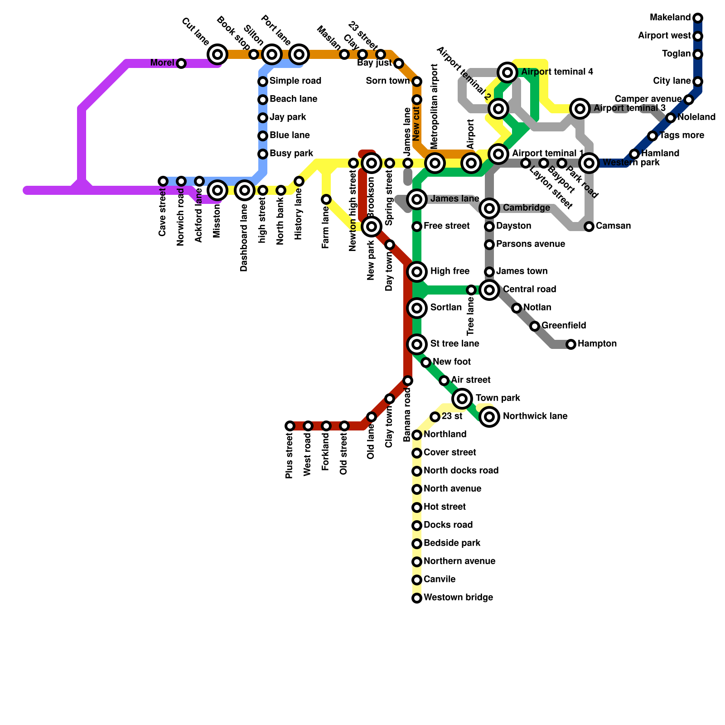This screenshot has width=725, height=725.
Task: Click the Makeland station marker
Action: point(698,18)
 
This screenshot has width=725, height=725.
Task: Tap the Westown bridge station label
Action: point(458,598)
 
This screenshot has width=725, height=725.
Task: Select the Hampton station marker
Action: point(571,344)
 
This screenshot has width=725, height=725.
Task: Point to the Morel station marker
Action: point(181,63)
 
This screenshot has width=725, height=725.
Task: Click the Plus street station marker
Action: point(290,426)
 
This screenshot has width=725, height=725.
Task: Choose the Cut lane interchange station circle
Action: point(217,54)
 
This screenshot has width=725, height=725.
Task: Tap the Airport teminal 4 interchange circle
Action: point(508,72)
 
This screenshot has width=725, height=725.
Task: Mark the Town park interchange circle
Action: point(462,399)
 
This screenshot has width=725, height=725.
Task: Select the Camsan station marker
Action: point(589,227)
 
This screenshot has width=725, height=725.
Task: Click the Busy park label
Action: point(291,154)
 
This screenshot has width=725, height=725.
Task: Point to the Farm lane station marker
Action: point(326,199)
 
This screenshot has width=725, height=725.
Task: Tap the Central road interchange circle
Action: point(489,290)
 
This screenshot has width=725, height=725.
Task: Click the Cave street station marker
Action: point(163,181)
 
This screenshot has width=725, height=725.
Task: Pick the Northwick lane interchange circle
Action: point(489,417)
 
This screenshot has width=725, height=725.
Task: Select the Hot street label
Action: point(445,507)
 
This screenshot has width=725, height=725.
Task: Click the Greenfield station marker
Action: point(535,326)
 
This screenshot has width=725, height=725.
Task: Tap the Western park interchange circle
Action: point(589,163)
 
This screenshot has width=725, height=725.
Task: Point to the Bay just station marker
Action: point(399,63)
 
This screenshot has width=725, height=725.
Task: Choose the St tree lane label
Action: point(454,344)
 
